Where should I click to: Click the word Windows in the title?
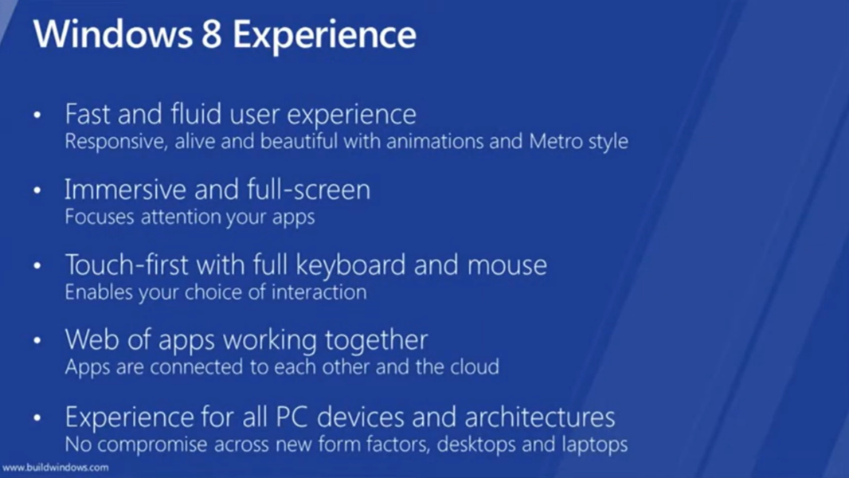coord(113,34)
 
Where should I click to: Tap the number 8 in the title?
coord(212,34)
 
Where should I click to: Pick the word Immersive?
coord(125,190)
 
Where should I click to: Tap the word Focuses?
coord(100,217)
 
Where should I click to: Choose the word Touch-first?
coord(127,265)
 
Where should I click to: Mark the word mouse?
coord(507,266)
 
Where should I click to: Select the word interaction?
coord(319,292)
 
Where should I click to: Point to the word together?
coord(376,341)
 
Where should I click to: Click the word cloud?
coord(475,367)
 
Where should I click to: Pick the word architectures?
coord(540,417)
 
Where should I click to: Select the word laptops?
coord(594,445)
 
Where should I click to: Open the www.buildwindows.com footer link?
coord(55,467)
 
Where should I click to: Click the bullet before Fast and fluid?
coord(37,114)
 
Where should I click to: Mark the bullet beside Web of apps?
coord(37,340)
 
